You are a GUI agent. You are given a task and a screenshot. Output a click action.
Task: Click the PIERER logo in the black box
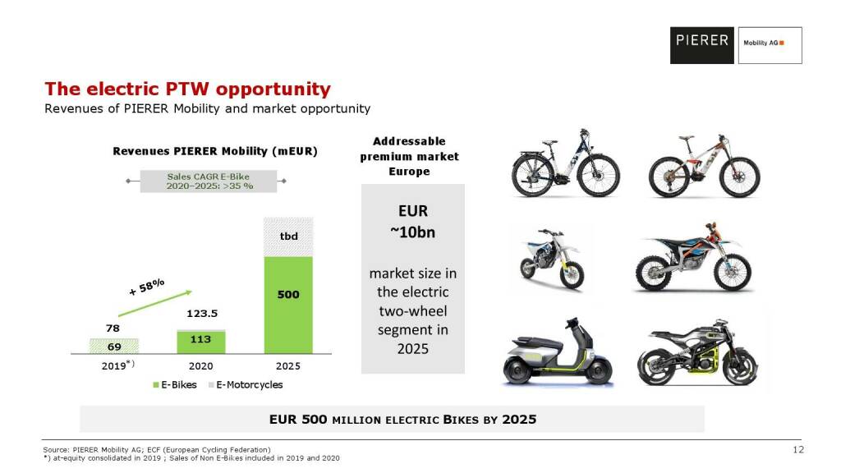[x=702, y=40]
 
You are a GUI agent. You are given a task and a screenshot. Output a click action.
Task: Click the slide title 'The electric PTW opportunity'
[x=187, y=89]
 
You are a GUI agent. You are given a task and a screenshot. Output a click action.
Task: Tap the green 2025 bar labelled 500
[x=287, y=305]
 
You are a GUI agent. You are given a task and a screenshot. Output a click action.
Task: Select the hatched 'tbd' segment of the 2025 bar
[x=287, y=237]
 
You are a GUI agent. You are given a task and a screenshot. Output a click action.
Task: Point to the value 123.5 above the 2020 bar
[x=200, y=314]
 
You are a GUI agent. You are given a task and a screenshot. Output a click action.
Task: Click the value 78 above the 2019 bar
[x=113, y=328]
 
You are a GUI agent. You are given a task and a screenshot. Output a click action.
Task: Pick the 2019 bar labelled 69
[x=113, y=346]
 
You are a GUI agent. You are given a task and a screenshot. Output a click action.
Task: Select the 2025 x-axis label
[x=288, y=365]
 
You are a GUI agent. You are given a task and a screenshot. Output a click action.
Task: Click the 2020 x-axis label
[x=200, y=365]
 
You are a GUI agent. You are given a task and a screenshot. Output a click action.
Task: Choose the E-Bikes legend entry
[x=173, y=384]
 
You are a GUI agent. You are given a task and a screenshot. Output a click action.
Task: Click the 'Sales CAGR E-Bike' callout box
[x=210, y=181]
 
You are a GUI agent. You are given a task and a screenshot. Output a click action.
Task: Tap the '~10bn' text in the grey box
[x=412, y=232]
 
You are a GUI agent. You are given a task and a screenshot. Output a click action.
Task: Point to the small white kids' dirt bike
[x=550, y=257]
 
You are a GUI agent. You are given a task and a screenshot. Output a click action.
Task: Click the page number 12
[x=797, y=449]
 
